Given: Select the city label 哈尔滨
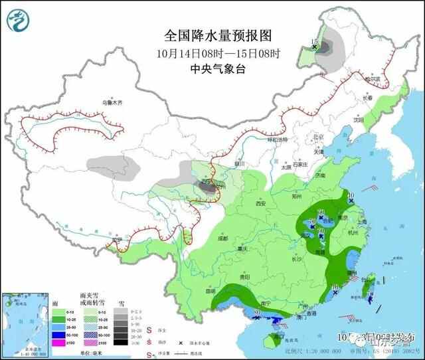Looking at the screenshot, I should click(x=377, y=79).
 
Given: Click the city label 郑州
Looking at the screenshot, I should click(x=296, y=197).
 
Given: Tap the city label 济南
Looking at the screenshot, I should click(x=321, y=175).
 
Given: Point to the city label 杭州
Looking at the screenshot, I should click(x=352, y=232).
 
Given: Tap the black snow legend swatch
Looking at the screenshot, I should click(x=120, y=341).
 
